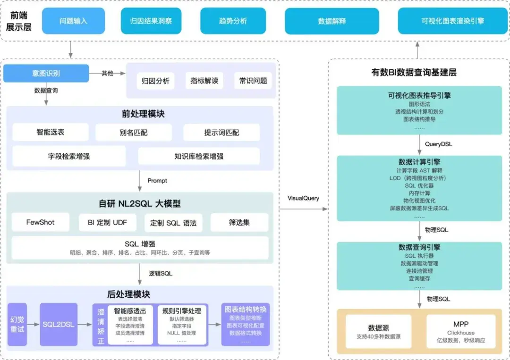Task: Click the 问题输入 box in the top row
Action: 73,21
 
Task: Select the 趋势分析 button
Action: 232,21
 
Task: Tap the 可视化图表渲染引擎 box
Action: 452,21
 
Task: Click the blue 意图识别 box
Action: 46,74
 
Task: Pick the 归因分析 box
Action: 155,81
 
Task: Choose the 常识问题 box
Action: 253,81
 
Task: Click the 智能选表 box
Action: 50,133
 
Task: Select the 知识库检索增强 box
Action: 198,156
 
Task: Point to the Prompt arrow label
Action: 157,181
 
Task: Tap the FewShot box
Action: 40,222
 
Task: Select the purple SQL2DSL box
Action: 59,325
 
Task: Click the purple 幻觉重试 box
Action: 17,325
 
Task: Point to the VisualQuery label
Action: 303,198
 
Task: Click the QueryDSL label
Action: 438,144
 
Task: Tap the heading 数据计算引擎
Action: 419,162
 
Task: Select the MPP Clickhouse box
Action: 460,332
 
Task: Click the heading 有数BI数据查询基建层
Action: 414,73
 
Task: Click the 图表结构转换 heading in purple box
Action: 246,310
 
